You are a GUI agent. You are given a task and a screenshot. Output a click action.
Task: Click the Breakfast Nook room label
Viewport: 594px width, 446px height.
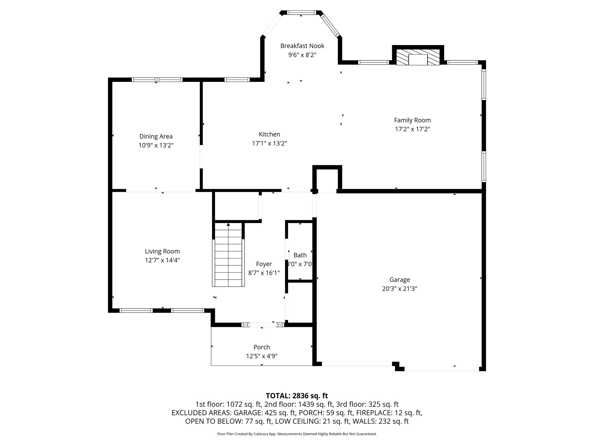[302, 46]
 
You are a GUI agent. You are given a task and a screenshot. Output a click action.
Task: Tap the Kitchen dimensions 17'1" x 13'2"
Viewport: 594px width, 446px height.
[269, 143]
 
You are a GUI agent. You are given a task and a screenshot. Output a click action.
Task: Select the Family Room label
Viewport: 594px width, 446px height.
[412, 120]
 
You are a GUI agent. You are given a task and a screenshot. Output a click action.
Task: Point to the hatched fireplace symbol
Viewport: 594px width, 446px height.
[418, 57]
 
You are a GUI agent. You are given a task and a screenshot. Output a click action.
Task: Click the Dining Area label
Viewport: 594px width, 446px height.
[156, 136]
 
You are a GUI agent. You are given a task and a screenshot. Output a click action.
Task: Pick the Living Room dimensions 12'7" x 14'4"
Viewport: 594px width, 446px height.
[162, 260]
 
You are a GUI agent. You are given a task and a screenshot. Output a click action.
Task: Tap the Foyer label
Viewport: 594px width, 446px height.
[264, 264]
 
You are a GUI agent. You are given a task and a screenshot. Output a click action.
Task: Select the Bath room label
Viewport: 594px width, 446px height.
[300, 255]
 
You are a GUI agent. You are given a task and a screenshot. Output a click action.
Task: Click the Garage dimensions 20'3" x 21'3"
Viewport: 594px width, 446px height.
[399, 289]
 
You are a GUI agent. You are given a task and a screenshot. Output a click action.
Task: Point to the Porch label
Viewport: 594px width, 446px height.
[262, 347]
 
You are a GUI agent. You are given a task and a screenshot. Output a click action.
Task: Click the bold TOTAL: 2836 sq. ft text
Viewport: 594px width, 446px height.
[297, 395]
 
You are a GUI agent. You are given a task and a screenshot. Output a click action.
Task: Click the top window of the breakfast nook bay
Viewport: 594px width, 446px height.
[301, 12]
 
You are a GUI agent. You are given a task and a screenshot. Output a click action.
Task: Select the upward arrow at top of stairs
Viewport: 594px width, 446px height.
[228, 224]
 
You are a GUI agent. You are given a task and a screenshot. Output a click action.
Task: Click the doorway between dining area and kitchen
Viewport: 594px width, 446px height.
[201, 157]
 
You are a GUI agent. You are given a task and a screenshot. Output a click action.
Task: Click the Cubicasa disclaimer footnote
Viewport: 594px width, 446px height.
[297, 434]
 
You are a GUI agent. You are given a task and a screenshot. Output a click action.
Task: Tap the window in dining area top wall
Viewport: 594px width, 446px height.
[157, 80]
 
